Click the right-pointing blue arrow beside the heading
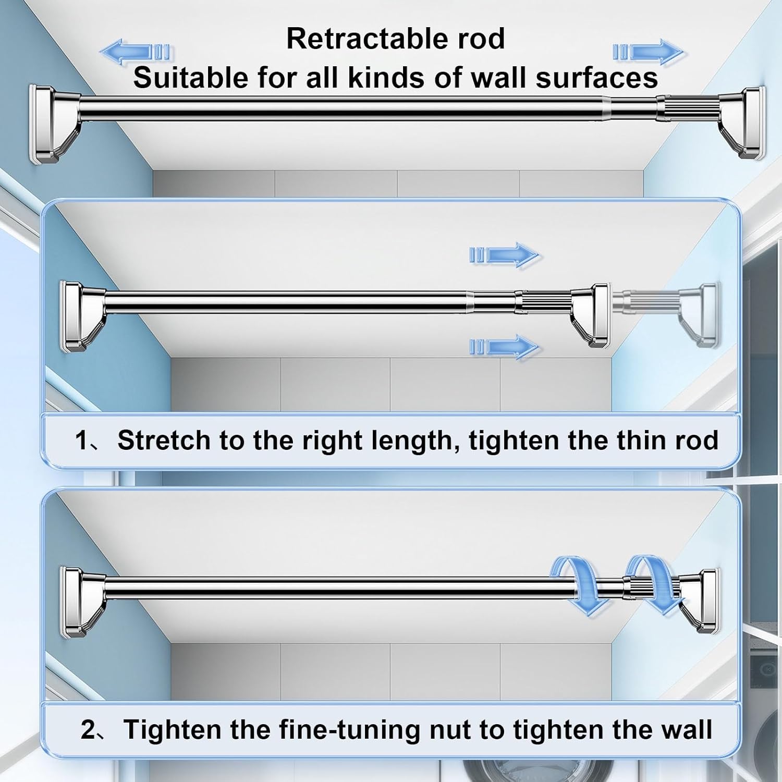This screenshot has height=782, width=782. point(647,52)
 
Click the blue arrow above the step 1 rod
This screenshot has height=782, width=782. point(504,255)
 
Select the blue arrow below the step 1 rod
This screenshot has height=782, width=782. point(504,346)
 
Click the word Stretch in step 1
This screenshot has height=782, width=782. point(164,441)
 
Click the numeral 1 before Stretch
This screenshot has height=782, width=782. point(82,441)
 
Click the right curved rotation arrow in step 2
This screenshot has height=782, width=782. point(654,585)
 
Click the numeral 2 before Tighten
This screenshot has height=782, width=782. point(89,730)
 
